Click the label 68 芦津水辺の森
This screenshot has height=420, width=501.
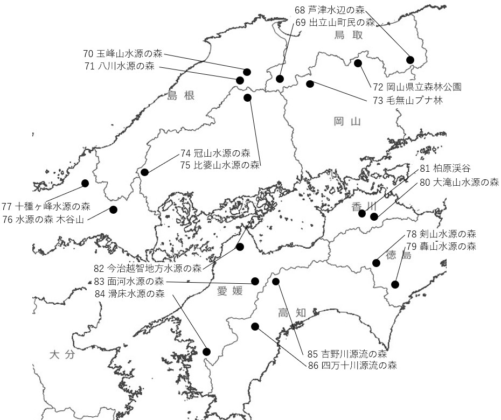(330, 10)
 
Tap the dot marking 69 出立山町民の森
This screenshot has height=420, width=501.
(280, 79)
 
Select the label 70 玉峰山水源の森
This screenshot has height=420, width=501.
(123, 54)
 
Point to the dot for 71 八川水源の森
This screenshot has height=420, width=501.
(240, 80)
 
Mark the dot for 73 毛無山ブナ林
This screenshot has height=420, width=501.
(310, 83)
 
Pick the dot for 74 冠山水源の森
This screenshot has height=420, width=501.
(144, 172)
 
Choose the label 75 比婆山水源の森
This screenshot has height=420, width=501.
(220, 165)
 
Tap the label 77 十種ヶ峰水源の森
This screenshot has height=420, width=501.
(46, 206)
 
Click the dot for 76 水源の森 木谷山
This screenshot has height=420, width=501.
(113, 209)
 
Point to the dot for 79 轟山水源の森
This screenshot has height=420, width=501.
(395, 284)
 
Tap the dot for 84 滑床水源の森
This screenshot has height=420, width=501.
(206, 352)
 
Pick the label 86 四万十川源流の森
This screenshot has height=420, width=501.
(352, 366)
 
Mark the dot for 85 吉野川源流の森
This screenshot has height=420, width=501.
(276, 282)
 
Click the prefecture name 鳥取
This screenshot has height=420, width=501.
(347, 36)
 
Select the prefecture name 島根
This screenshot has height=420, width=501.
(180, 96)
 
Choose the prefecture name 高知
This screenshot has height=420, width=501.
(292, 312)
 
